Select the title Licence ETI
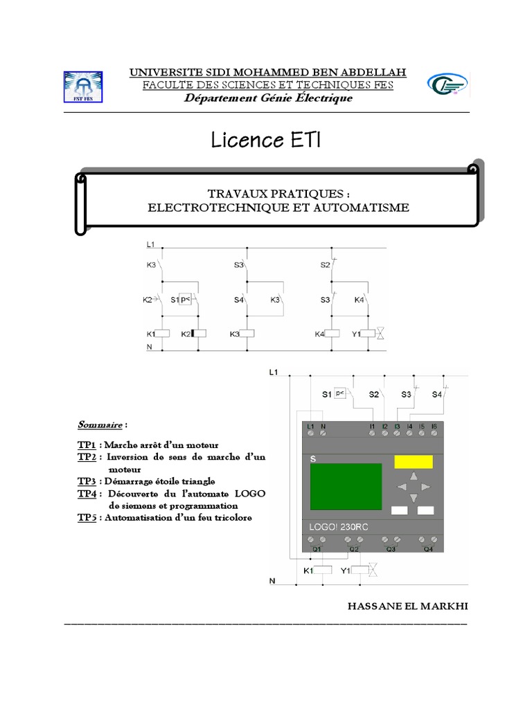coord(267,142)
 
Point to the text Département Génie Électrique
coord(267,98)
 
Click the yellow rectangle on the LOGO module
coord(414,462)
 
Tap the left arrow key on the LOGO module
coord(402,487)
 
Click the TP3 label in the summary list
coord(86,481)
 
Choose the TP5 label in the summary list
coord(86,517)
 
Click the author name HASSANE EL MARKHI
coord(407,606)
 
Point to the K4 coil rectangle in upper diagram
coord(332,334)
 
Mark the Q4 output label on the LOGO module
coord(427,549)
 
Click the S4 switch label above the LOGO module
coord(436,395)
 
